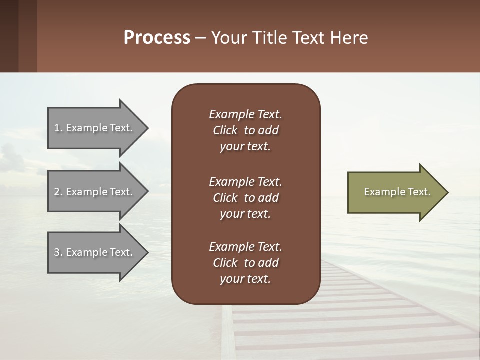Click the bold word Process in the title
pos(157,38)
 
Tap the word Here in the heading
pos(349,38)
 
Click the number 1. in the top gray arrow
pos(58,128)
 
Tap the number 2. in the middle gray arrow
pos(58,192)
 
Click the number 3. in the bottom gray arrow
pos(58,252)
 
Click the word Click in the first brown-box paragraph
pos(225,130)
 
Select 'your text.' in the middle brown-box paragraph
pos(245,214)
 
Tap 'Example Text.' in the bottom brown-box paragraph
pos(245,246)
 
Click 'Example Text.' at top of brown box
pos(245,114)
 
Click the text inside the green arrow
pos(397,192)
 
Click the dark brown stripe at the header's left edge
pos(9,36)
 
